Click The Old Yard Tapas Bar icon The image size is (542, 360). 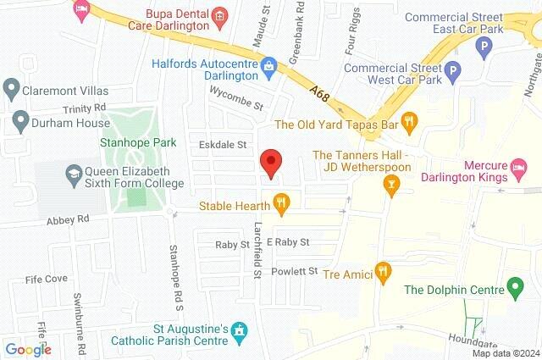point(410,121)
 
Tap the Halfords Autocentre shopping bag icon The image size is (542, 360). point(269,64)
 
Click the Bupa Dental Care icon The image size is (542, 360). point(218,15)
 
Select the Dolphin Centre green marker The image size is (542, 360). point(513,288)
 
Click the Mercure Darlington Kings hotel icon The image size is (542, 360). point(523,173)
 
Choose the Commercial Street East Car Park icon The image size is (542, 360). point(484,47)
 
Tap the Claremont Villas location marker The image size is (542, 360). point(12,87)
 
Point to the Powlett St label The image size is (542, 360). point(293,271)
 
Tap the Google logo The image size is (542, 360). point(27,349)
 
